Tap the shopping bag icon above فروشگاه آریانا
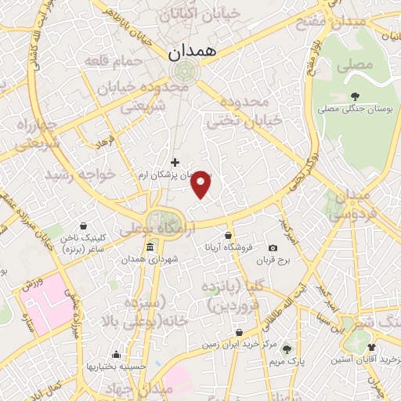pyautogui.click(x=228, y=235)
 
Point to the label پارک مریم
pyautogui.click(x=287, y=362)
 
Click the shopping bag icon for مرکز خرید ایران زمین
pyautogui.click(x=238, y=333)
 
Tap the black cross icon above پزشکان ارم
pyautogui.click(x=174, y=162)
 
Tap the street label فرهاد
pyautogui.click(x=104, y=143)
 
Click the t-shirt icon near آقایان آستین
pyautogui.click(x=370, y=347)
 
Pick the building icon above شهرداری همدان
pyautogui.click(x=150, y=247)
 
